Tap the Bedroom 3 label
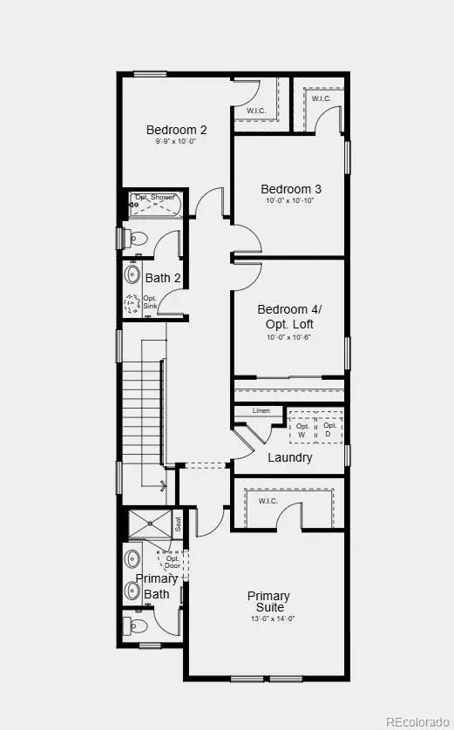click(291, 189)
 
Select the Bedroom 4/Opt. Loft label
click(289, 316)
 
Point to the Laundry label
click(290, 457)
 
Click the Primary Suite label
click(268, 602)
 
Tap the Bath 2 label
click(163, 278)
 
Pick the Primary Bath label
click(157, 586)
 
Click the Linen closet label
click(261, 410)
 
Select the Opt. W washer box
click(303, 429)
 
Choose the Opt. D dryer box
click(329, 429)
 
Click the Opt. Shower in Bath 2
click(155, 206)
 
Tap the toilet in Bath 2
click(138, 238)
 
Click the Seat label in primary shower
click(178, 524)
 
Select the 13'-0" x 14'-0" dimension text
click(268, 619)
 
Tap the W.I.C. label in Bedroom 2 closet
click(256, 111)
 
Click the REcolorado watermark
click(419, 720)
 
